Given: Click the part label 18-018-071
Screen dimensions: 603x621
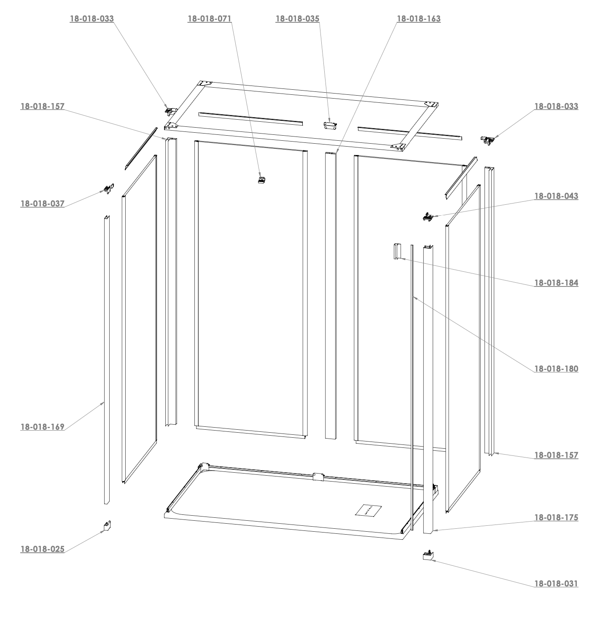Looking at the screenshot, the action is point(209,19).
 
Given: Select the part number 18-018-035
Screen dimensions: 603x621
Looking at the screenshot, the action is point(297,19).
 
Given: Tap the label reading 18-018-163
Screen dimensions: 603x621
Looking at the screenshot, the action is point(419,19).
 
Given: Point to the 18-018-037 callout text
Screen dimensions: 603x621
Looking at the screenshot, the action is point(43,203).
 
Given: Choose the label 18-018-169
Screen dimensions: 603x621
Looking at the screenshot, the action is point(43,427).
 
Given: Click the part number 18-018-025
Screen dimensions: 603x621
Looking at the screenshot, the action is point(43,549).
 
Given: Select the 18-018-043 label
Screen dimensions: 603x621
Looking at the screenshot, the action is point(556,196).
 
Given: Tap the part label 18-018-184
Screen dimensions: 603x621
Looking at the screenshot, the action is point(556,283).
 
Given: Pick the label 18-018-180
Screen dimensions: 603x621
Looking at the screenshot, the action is point(556,369).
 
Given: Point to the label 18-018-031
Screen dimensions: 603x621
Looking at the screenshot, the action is point(556,584).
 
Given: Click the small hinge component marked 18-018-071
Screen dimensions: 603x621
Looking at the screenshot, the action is point(262,180).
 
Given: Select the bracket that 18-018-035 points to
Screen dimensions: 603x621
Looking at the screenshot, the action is point(330,126).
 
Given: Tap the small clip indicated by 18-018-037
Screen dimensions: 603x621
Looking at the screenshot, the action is point(109,189).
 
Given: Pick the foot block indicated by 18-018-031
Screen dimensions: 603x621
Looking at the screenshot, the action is point(428,555).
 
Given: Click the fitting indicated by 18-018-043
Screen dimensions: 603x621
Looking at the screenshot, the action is point(428,217).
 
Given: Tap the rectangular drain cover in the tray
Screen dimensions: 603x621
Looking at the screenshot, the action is point(368,510).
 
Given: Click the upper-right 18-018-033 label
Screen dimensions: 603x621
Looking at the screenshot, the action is point(556,107).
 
